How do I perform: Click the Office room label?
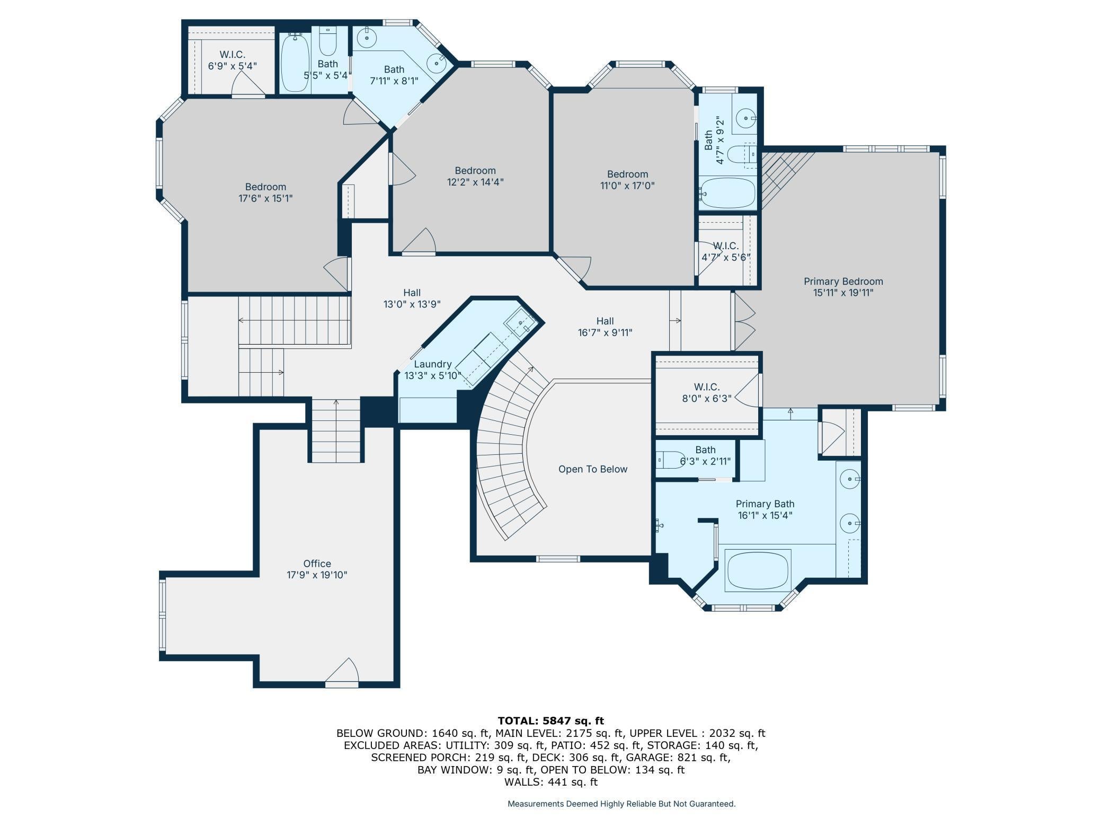(x=317, y=564)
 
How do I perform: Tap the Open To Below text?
(x=592, y=469)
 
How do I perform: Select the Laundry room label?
(x=432, y=364)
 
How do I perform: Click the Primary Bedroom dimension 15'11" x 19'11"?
(x=843, y=293)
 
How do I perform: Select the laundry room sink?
(x=520, y=322)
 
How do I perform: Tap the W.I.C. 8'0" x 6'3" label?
(x=706, y=387)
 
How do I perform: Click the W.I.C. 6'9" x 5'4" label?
(x=232, y=55)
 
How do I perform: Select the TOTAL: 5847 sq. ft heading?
(x=550, y=720)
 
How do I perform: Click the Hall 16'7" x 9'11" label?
(x=605, y=321)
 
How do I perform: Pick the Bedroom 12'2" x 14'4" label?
(x=475, y=171)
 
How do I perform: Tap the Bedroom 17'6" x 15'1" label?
(x=265, y=187)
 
